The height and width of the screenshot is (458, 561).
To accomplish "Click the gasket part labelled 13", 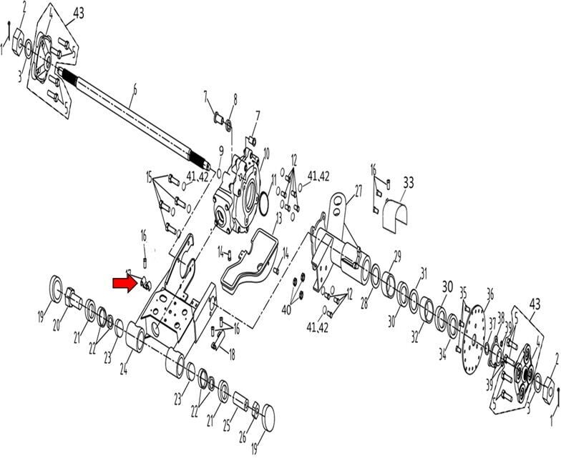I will (248, 257).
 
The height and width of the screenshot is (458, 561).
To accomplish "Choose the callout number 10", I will (266, 152).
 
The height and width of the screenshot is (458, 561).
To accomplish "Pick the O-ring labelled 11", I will (263, 204).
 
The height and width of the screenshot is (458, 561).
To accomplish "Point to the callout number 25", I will (226, 426).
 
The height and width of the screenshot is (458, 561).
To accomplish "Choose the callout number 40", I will (287, 309).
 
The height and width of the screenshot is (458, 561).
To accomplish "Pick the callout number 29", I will (397, 254).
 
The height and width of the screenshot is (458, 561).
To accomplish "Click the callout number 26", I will (243, 437).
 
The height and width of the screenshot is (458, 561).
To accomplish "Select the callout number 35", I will (463, 292).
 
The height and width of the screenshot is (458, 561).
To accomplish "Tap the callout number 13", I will (278, 217).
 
